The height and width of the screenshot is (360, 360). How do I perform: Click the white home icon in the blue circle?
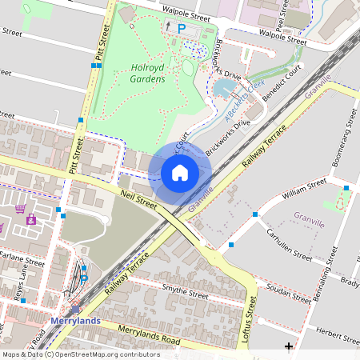(179, 173)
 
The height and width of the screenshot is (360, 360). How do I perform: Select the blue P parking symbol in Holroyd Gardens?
(181, 28)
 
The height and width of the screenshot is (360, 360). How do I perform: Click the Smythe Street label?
(185, 292)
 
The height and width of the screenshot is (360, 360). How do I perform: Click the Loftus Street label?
(254, 316)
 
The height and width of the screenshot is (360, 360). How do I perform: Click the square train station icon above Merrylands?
(74, 306)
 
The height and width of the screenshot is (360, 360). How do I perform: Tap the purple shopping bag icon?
(31, 219)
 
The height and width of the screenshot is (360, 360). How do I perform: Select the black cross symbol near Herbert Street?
(289, 346)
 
